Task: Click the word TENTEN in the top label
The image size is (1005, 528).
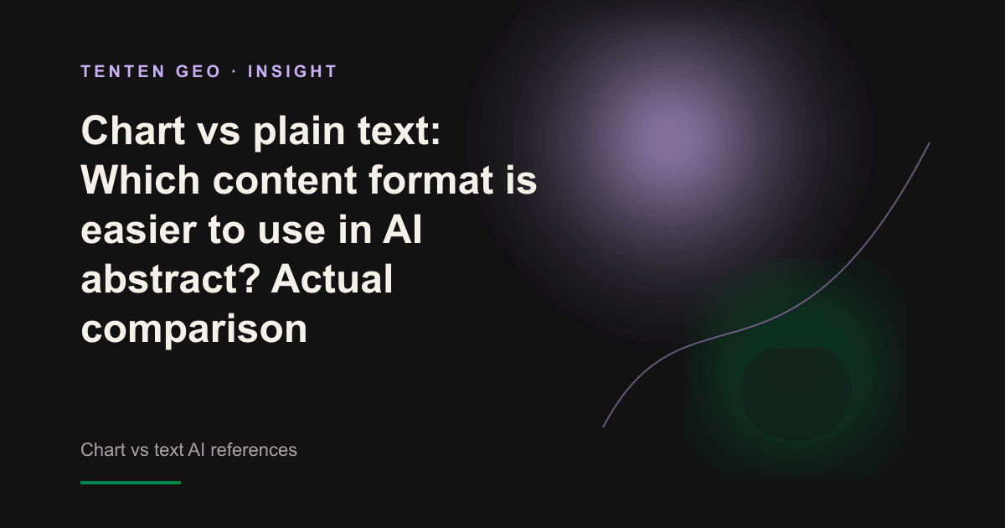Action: tap(123, 71)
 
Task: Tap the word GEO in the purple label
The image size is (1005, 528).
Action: tap(198, 71)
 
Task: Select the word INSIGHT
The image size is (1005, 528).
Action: tap(292, 71)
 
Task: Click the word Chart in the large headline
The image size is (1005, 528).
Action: tap(133, 131)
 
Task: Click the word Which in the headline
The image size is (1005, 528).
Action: tap(140, 179)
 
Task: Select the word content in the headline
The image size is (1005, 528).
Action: tap(285, 181)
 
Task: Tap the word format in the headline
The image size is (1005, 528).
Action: tap(431, 179)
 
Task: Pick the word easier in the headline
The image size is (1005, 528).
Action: tap(139, 230)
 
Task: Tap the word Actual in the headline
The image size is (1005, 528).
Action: tap(332, 279)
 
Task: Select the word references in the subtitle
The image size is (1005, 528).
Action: tap(254, 450)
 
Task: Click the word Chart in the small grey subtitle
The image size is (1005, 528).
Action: tap(103, 450)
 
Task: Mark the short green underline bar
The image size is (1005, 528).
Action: tap(131, 483)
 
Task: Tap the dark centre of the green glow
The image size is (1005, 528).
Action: tap(796, 393)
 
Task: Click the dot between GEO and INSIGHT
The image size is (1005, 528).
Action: tap(234, 71)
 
